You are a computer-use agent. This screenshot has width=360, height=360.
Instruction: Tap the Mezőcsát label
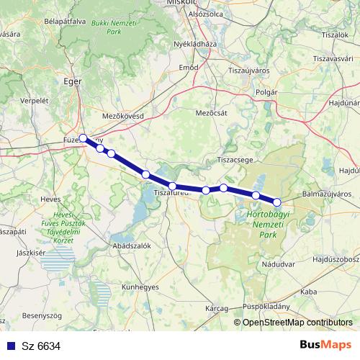[x=210, y=112]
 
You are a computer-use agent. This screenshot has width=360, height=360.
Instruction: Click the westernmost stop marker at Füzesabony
[x=84, y=138]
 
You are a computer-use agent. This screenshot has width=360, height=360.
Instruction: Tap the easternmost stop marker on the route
[x=276, y=202]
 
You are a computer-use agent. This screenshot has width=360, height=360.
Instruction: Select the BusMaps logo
[x=325, y=346]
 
